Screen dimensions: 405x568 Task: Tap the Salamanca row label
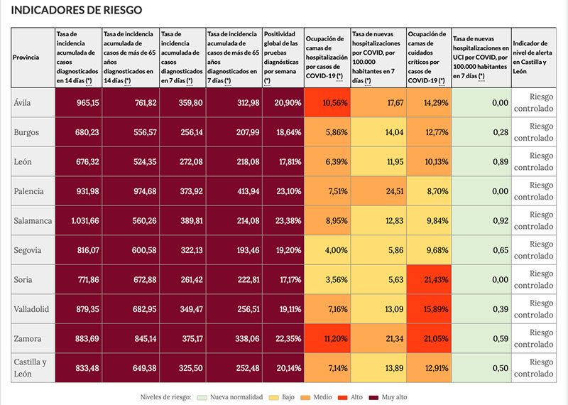pyautogui.click(x=33, y=220)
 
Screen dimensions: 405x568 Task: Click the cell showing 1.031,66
pyautogui.click(x=79, y=220)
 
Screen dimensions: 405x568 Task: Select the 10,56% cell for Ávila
pyautogui.click(x=327, y=103)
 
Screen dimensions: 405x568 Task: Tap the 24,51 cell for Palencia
pyautogui.click(x=378, y=191)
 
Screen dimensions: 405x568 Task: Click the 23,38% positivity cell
pyautogui.click(x=283, y=220)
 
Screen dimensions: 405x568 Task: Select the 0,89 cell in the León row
pyautogui.click(x=481, y=162)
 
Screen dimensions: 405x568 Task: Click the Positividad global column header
pyautogui.click(x=282, y=57)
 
